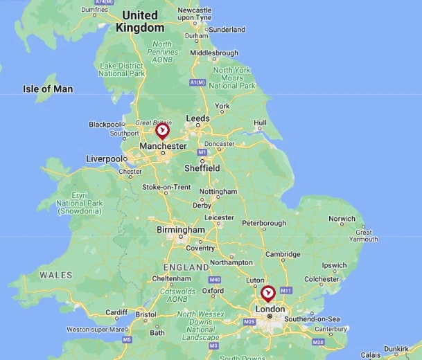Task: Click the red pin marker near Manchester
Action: coord(162,131)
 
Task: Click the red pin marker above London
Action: coord(268,294)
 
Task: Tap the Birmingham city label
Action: coord(181,230)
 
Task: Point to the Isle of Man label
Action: coord(48,89)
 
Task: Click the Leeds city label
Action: coord(197,118)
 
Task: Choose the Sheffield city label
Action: coord(202,168)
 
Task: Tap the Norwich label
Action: coord(342,219)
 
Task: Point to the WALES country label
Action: coord(55,275)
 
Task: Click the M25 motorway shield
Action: coord(250,321)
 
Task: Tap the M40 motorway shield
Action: coord(215,280)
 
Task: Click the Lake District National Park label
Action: coord(122,69)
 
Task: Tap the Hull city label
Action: coord(260,123)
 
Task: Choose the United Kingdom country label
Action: coord(141,21)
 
